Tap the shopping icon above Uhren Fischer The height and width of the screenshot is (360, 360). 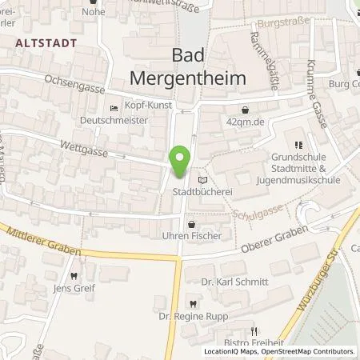190,225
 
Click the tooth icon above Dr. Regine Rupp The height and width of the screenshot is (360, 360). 193,303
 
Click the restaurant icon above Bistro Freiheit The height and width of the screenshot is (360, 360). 254,330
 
